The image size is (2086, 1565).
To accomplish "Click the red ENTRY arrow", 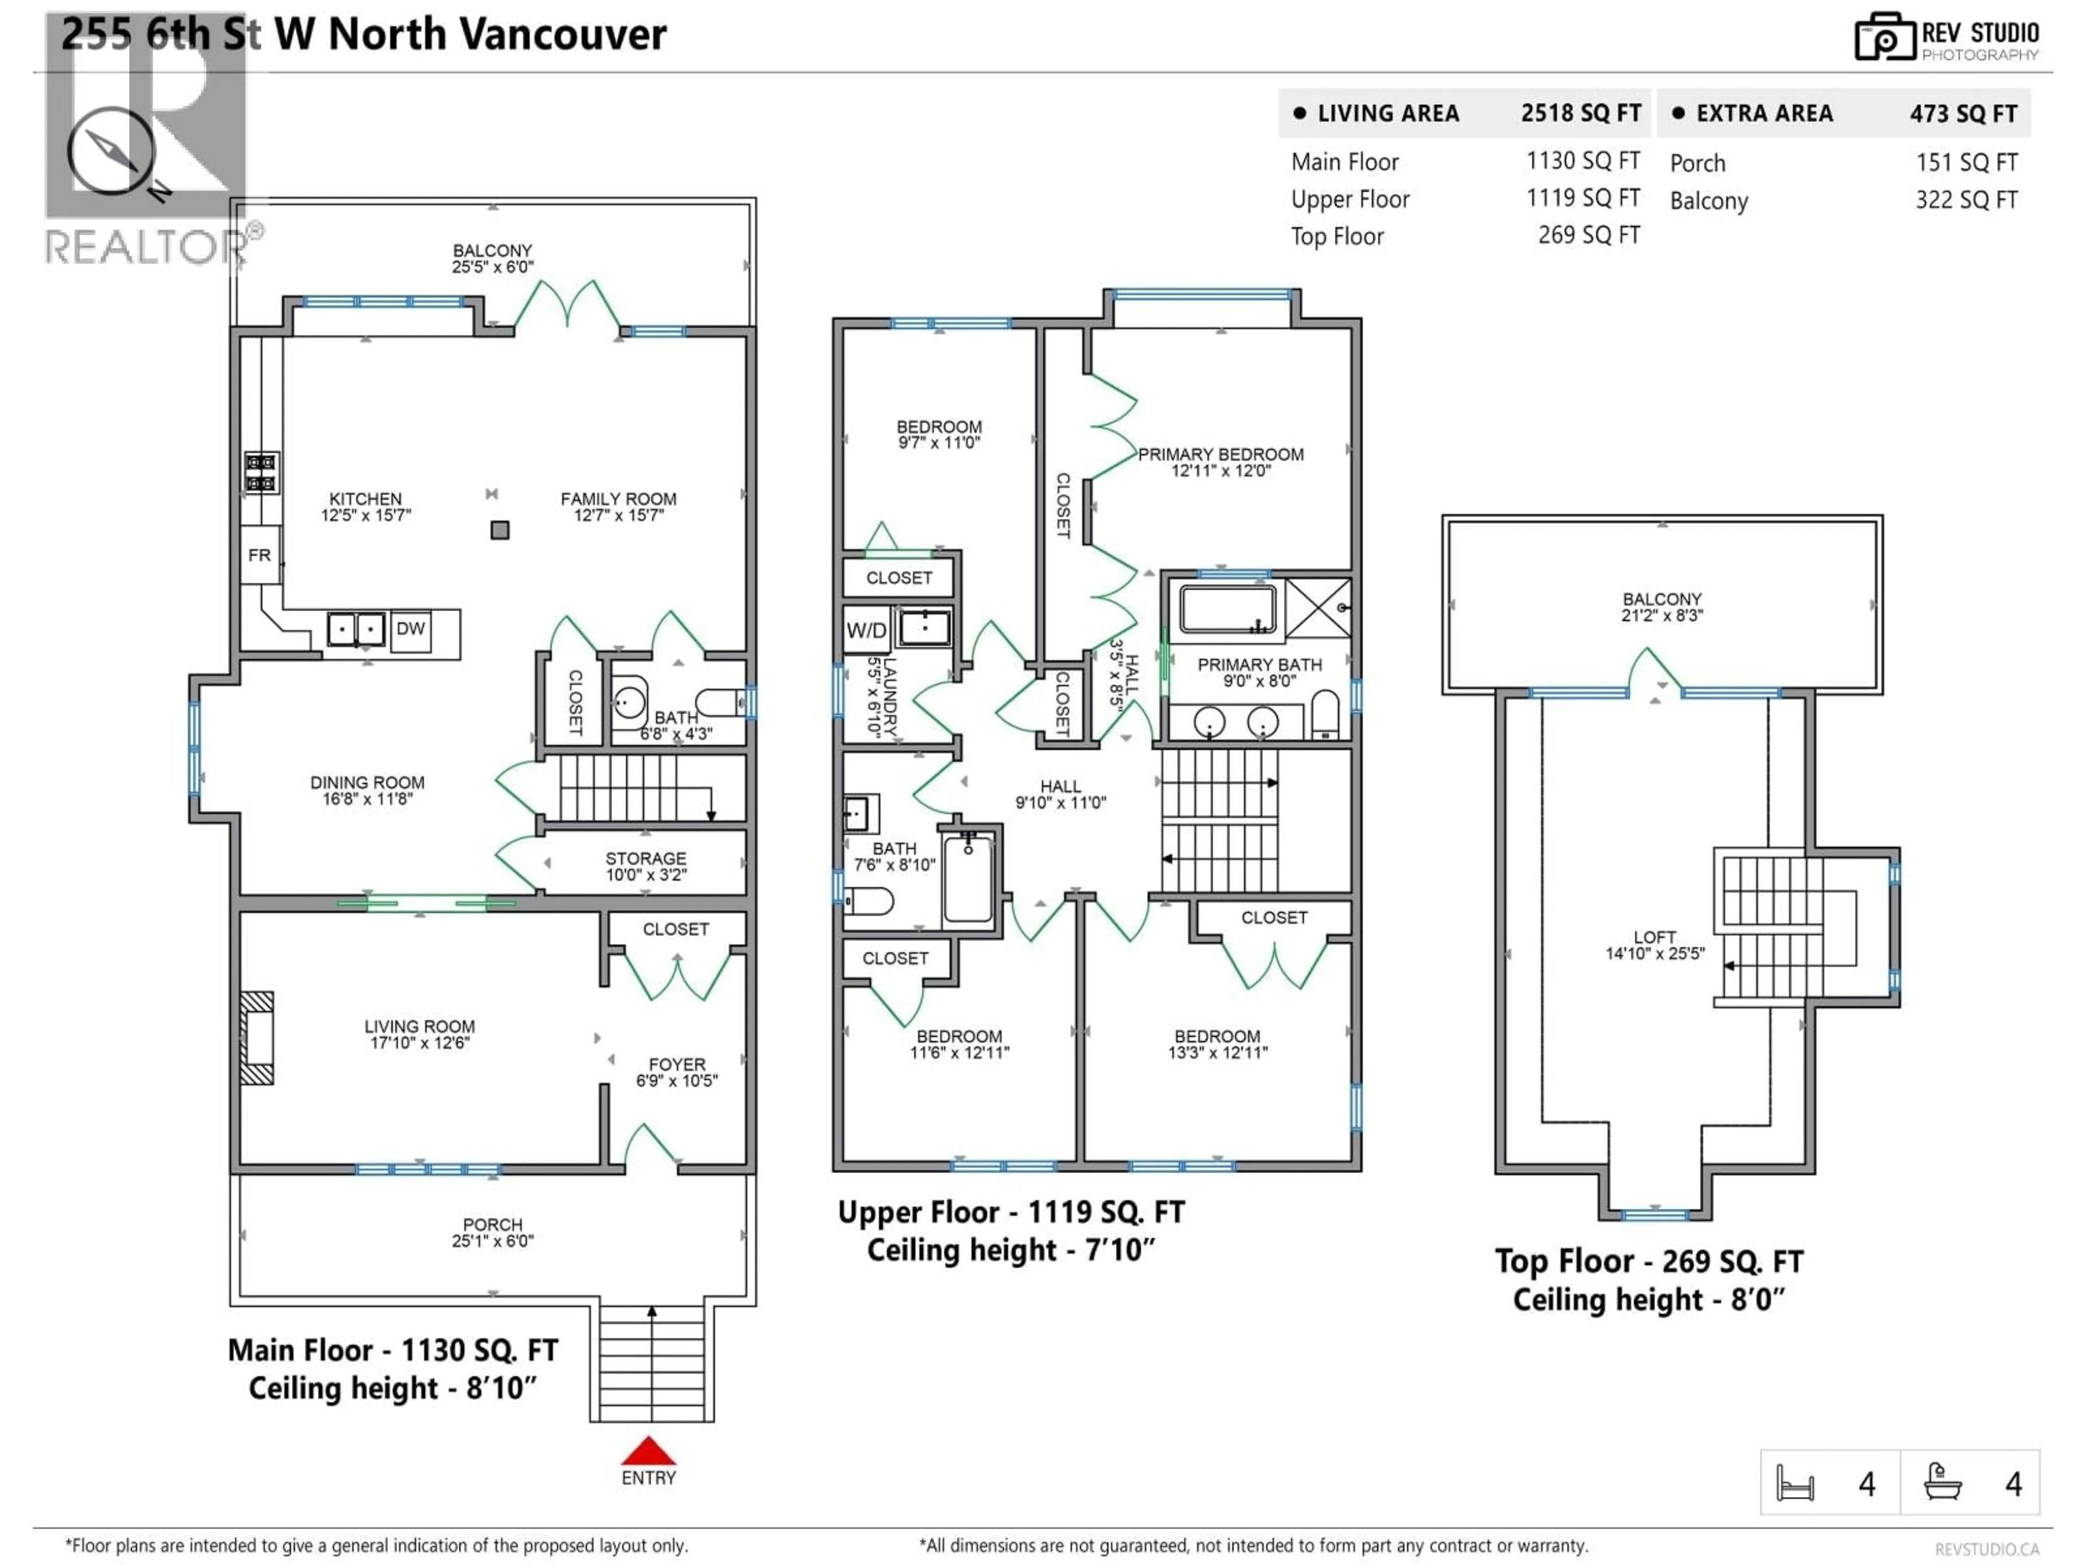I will [x=648, y=1451].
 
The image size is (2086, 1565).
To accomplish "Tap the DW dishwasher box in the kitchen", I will [x=410, y=629].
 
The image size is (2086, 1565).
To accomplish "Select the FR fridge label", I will [x=259, y=555].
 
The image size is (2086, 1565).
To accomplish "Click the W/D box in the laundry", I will [x=866, y=630].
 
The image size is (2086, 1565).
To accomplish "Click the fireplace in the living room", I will [x=256, y=1038].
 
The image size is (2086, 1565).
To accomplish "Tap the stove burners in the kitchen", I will [x=261, y=473].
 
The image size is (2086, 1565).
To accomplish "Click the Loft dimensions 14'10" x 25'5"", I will [x=1655, y=954].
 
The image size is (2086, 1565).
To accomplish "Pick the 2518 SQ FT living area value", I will [x=1581, y=113].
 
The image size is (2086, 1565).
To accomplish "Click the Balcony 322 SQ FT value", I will [x=1966, y=200].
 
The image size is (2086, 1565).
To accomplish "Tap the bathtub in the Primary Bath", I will [x=1228, y=609].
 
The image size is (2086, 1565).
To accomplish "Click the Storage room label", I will [x=646, y=859].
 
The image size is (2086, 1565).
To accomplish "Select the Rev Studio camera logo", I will [x=1884, y=37].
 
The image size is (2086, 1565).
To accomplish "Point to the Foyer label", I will [x=676, y=1064].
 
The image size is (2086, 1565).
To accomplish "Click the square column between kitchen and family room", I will [x=500, y=530].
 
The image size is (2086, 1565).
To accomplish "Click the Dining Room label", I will [x=367, y=783].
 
